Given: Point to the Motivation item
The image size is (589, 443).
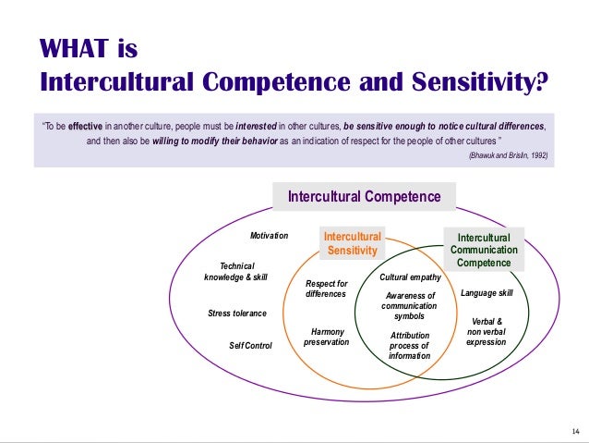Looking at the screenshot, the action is click(270, 237).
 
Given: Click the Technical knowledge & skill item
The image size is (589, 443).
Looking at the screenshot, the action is click(235, 271).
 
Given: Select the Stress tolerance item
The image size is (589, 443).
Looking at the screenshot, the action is click(237, 314).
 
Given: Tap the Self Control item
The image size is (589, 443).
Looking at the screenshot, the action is click(250, 346).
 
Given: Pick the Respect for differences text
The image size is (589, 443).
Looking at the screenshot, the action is click(326, 289).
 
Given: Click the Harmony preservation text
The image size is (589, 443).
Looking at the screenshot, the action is click(326, 337).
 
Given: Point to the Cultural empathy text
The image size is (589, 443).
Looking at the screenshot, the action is click(410, 277).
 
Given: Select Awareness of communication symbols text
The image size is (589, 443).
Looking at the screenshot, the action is click(409, 306).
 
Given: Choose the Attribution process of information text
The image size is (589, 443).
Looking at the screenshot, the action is click(409, 346).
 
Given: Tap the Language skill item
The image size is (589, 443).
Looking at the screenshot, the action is click(486, 293).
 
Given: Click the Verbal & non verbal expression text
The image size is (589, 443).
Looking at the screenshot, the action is click(486, 331).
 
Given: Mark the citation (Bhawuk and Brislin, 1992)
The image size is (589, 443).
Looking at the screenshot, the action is click(509, 156).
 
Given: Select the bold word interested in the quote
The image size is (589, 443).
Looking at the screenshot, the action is click(260, 126).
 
